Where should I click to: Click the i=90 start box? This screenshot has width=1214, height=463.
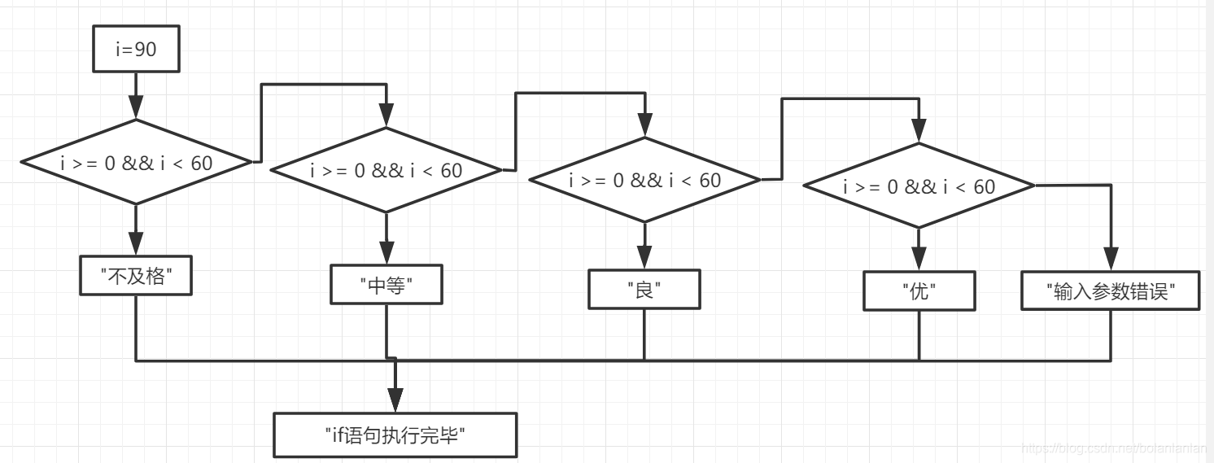pyautogui.click(x=136, y=50)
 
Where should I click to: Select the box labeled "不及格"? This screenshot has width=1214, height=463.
pyautogui.click(x=136, y=276)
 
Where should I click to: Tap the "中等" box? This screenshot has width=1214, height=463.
pyautogui.click(x=386, y=285)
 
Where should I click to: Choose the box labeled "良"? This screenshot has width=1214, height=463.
pyautogui.click(x=644, y=290)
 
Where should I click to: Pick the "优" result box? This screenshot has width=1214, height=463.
pyautogui.click(x=919, y=291)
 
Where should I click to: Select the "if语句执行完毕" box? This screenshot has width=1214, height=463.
pyautogui.click(x=395, y=435)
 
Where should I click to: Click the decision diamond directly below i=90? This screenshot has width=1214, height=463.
pyautogui.click(x=136, y=163)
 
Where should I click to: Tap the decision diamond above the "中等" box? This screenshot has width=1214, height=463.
pyautogui.click(x=386, y=170)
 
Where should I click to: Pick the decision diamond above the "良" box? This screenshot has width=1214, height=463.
pyautogui.click(x=644, y=180)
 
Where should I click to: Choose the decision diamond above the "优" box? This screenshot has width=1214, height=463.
pyautogui.click(x=919, y=186)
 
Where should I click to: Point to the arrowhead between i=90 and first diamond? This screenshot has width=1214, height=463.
pyautogui.click(x=136, y=108)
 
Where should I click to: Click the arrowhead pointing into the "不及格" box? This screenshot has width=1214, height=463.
pyautogui.click(x=136, y=244)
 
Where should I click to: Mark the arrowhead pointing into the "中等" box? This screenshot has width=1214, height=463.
pyautogui.click(x=386, y=253)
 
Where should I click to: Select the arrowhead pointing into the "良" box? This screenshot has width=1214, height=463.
pyautogui.click(x=644, y=259)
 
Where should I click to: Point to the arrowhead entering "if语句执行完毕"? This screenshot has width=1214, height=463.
pyautogui.click(x=395, y=400)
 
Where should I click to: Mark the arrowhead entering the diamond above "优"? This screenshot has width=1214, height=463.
pyautogui.click(x=919, y=131)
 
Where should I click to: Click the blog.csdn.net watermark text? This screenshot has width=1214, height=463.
pyautogui.click(x=1115, y=448)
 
